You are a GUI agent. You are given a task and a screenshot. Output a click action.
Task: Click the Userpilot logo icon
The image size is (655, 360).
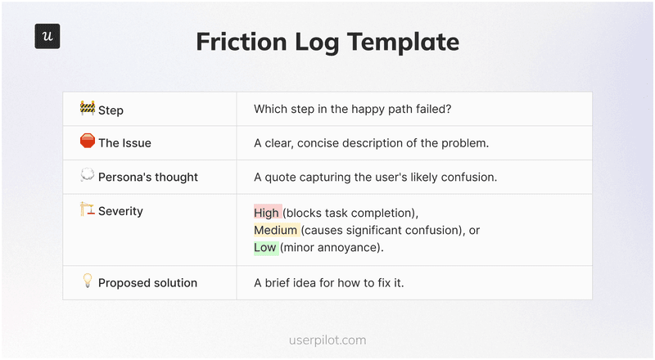(x=47, y=36)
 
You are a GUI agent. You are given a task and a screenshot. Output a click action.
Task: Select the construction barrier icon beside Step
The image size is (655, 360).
(x=88, y=108)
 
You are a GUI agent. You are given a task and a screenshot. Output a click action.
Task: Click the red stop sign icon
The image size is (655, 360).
(x=88, y=142)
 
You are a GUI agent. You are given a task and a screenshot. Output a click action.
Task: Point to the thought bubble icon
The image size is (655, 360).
(x=88, y=175)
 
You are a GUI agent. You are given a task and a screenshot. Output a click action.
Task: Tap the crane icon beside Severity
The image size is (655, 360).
(x=88, y=210)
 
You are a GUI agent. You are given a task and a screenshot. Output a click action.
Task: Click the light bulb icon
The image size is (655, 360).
(x=88, y=281)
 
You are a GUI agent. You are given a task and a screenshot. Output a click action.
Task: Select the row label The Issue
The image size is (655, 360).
(x=124, y=143)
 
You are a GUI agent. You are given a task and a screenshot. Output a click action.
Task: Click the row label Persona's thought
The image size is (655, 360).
(x=147, y=177)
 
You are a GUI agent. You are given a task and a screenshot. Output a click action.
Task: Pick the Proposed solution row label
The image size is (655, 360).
(x=147, y=283)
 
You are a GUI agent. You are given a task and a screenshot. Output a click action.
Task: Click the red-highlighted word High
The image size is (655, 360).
(x=267, y=213)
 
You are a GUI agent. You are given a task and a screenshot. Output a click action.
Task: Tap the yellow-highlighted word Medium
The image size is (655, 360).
(x=276, y=230)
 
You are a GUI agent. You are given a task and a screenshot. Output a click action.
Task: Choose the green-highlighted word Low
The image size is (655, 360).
(x=265, y=247)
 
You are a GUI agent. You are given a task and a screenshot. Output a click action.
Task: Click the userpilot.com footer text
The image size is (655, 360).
(x=327, y=340)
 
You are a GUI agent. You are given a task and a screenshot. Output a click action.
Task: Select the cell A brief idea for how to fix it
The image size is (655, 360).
(x=329, y=283)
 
